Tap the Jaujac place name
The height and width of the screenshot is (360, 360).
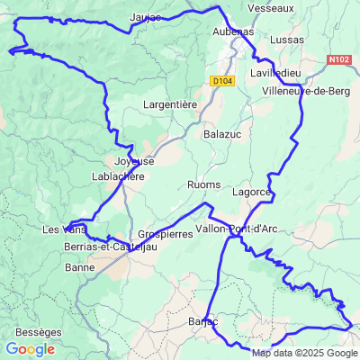pyautogui.click(x=145, y=17)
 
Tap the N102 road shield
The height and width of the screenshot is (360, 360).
pyautogui.click(x=339, y=59)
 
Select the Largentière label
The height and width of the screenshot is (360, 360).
pyautogui.click(x=170, y=105)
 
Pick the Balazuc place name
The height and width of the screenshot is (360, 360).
pyautogui.click(x=223, y=134)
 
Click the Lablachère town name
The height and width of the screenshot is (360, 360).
pyautogui.click(x=118, y=176)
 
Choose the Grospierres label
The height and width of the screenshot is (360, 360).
pyautogui.click(x=165, y=233)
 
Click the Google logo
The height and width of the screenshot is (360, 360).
pyautogui.click(x=30, y=349)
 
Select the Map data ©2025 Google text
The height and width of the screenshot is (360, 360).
pyautogui.click(x=304, y=353)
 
